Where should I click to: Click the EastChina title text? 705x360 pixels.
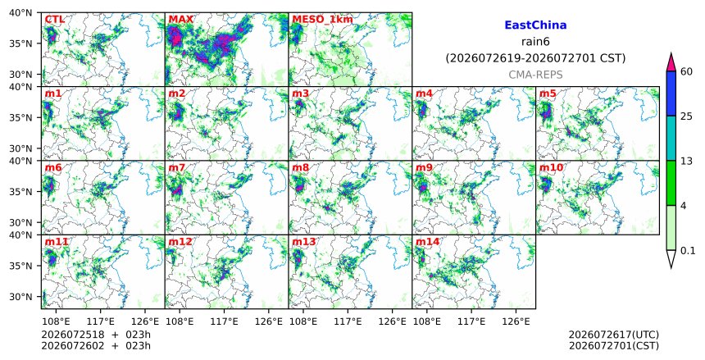pyautogui.click(x=535, y=25)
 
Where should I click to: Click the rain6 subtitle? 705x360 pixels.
pyautogui.click(x=535, y=41)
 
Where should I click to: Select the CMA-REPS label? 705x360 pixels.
pyautogui.click(x=535, y=75)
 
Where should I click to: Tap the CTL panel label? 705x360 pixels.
pyautogui.click(x=55, y=20)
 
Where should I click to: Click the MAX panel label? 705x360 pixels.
pyautogui.click(x=180, y=20)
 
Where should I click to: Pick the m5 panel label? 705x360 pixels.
pyautogui.click(x=548, y=93)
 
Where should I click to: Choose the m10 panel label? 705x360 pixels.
pyautogui.click(x=551, y=167)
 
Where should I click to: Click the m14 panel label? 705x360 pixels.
pyautogui.click(x=427, y=242)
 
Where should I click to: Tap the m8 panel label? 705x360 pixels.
pyautogui.click(x=301, y=167)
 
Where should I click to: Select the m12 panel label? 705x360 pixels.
pyautogui.click(x=180, y=242)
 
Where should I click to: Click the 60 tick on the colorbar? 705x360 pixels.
pyautogui.click(x=687, y=71)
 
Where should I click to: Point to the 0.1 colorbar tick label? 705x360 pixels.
pyautogui.click(x=688, y=251)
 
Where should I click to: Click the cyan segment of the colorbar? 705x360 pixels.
pyautogui.click(x=671, y=138)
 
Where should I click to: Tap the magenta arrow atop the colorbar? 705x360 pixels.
pyautogui.click(x=671, y=62)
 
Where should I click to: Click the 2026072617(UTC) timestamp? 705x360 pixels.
pyautogui.click(x=614, y=335)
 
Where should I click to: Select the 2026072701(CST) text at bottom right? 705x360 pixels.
pyautogui.click(x=614, y=346)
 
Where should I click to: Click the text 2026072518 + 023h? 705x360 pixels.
pyautogui.click(x=96, y=335)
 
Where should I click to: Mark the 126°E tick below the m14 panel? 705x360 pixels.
pyautogui.click(x=516, y=321)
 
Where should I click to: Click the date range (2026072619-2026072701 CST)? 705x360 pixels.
pyautogui.click(x=535, y=58)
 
